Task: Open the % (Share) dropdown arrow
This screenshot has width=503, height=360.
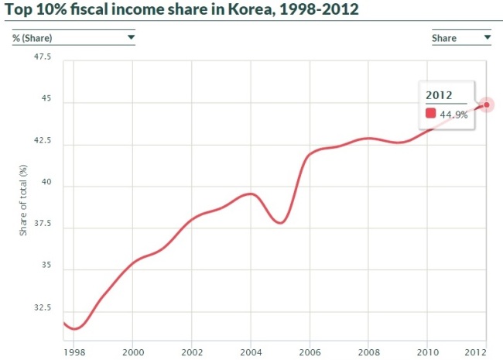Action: point(131,37)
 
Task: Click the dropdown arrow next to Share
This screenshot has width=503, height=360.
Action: point(488,37)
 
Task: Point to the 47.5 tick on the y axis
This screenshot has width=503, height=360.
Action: point(43,57)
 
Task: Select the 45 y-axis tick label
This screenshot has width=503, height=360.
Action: point(46,98)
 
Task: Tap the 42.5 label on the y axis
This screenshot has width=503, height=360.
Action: point(43,140)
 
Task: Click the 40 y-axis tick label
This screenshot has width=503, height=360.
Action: point(46,182)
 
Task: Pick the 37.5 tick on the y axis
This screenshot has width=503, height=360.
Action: point(43,223)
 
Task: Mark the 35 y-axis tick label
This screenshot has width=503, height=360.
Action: point(46,265)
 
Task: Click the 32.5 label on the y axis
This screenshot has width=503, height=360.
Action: point(43,307)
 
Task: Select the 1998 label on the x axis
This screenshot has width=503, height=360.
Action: point(74,352)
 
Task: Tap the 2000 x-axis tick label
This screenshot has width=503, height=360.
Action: point(133,352)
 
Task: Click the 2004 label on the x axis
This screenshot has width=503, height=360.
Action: point(251,352)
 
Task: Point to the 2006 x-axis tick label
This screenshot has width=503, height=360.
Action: point(310,352)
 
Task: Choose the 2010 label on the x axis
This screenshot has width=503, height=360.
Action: point(428,352)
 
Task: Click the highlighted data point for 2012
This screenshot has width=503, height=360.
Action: point(486,105)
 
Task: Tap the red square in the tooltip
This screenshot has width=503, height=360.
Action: point(430,113)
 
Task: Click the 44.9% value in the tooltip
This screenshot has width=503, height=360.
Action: point(453,115)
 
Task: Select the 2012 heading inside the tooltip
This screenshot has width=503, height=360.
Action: point(439,95)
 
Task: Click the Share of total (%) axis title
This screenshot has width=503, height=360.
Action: point(23,201)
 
